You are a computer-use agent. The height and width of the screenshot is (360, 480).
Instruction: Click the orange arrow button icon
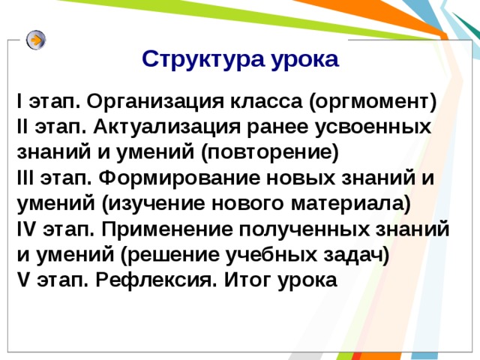(x=35, y=40)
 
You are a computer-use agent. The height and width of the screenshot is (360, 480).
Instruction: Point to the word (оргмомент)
(x=373, y=101)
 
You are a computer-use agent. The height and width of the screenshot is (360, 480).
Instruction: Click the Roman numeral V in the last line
(x=21, y=280)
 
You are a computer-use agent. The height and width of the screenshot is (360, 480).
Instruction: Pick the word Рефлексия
(x=151, y=280)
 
